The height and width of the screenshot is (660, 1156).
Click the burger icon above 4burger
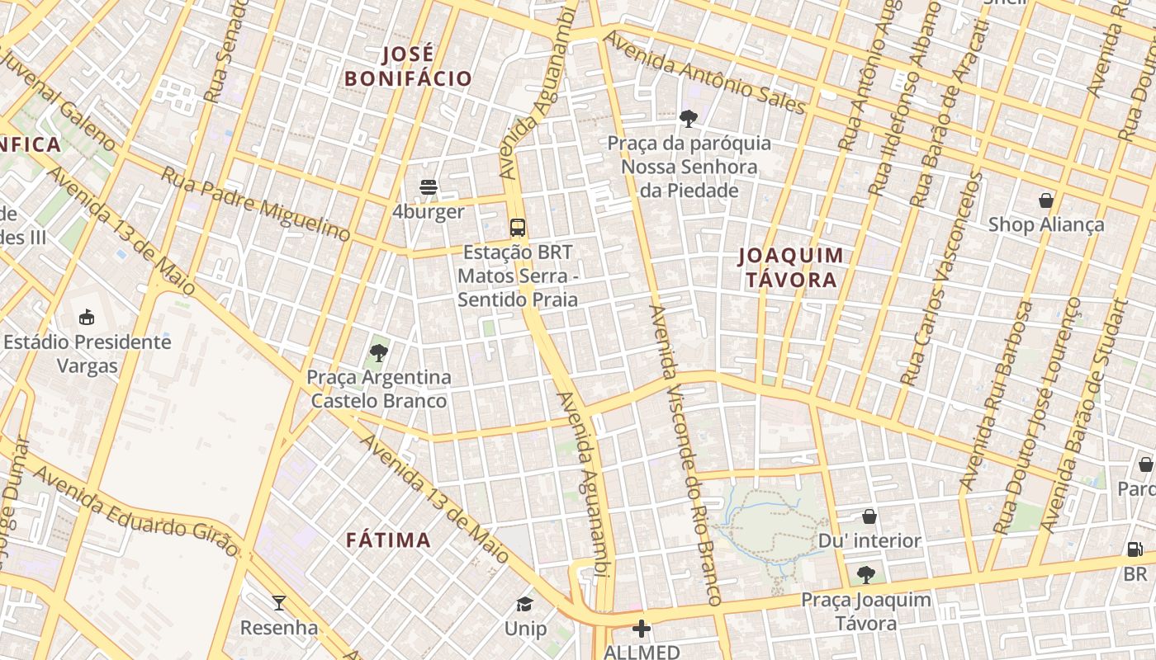coord(428,187)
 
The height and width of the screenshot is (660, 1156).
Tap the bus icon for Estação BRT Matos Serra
coord(518,228)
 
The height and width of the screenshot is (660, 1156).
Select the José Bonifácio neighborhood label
coord(408,67)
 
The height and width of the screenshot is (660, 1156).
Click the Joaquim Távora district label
coord(791,267)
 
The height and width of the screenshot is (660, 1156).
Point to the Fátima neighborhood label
coord(388,540)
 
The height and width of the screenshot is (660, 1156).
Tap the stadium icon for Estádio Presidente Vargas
coord(86,317)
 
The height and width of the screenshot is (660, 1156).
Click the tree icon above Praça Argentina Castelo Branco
coord(379,353)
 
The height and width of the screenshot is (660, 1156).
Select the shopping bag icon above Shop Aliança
coord(1045,200)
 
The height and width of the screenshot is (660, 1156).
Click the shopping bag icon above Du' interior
coord(869,516)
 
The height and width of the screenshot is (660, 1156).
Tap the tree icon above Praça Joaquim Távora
coord(865,575)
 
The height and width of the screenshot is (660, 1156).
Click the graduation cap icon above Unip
coord(525,604)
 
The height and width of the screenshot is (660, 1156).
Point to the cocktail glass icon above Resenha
coord(279,603)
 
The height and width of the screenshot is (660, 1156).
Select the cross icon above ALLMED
coord(642,629)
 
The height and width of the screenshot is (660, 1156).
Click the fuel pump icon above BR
coord(1135,549)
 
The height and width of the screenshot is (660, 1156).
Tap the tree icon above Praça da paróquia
coord(689,119)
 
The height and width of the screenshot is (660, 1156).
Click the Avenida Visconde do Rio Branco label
coord(686,455)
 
